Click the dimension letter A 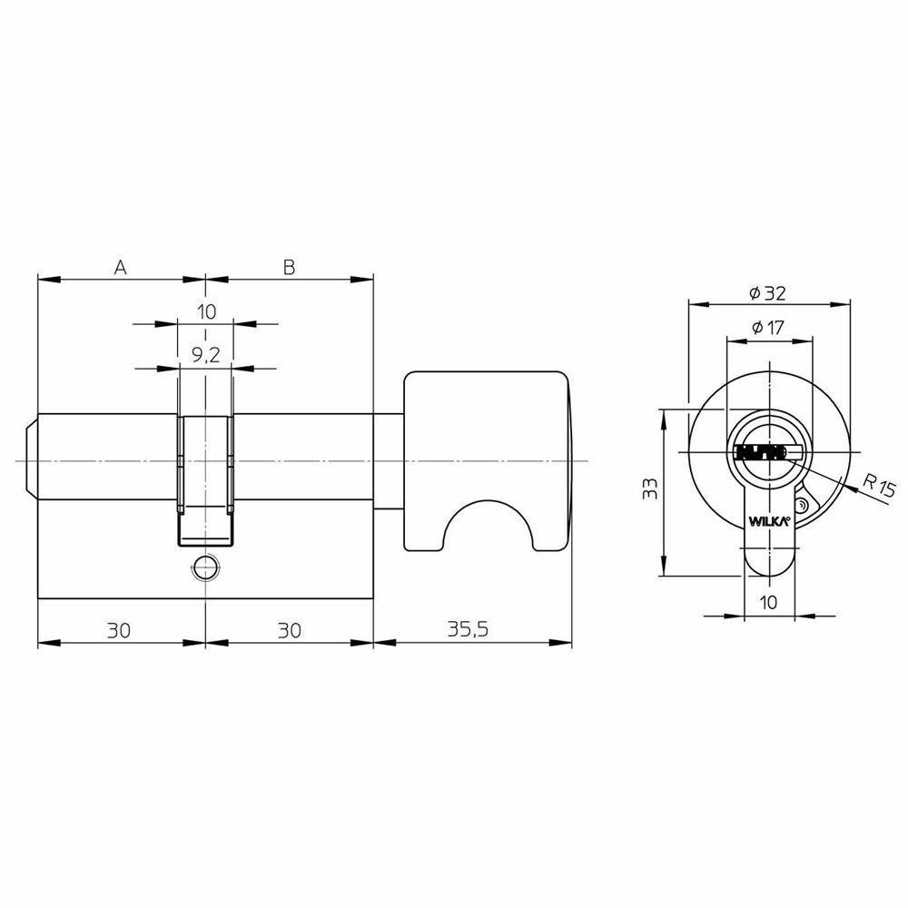(x=120, y=267)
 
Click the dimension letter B (x=289, y=267)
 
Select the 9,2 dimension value (x=205, y=355)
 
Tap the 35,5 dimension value (x=468, y=629)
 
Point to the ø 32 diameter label (x=768, y=293)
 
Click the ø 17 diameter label (x=767, y=328)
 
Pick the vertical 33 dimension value (x=651, y=489)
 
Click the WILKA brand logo (x=769, y=521)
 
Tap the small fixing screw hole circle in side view (x=205, y=568)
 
